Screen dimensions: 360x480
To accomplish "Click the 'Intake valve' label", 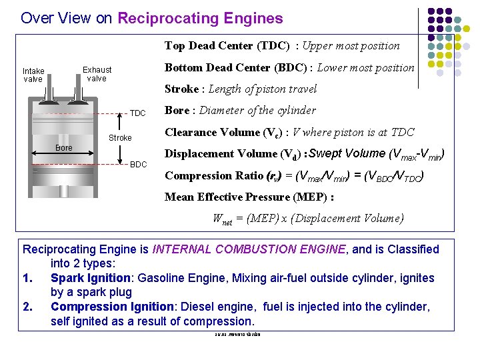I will tap(33, 75).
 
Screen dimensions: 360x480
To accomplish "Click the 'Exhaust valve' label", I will tap(97, 73).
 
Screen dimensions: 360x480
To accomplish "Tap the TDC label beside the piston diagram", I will tap(137, 113).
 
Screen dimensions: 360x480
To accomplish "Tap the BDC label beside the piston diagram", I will tap(138, 165).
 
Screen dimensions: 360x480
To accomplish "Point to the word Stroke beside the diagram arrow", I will tap(120, 138).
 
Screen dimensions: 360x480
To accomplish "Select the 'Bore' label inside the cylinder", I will tap(64, 147).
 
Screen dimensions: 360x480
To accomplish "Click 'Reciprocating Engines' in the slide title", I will tap(200, 19).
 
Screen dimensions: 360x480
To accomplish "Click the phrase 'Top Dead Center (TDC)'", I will tap(227, 46).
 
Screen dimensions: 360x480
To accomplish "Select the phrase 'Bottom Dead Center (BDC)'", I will tap(236, 67).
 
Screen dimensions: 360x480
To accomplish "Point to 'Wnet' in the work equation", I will tap(223, 219).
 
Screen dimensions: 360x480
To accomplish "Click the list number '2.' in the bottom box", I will tap(28, 307).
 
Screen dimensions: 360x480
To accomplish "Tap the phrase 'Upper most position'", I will tap(351, 46).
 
